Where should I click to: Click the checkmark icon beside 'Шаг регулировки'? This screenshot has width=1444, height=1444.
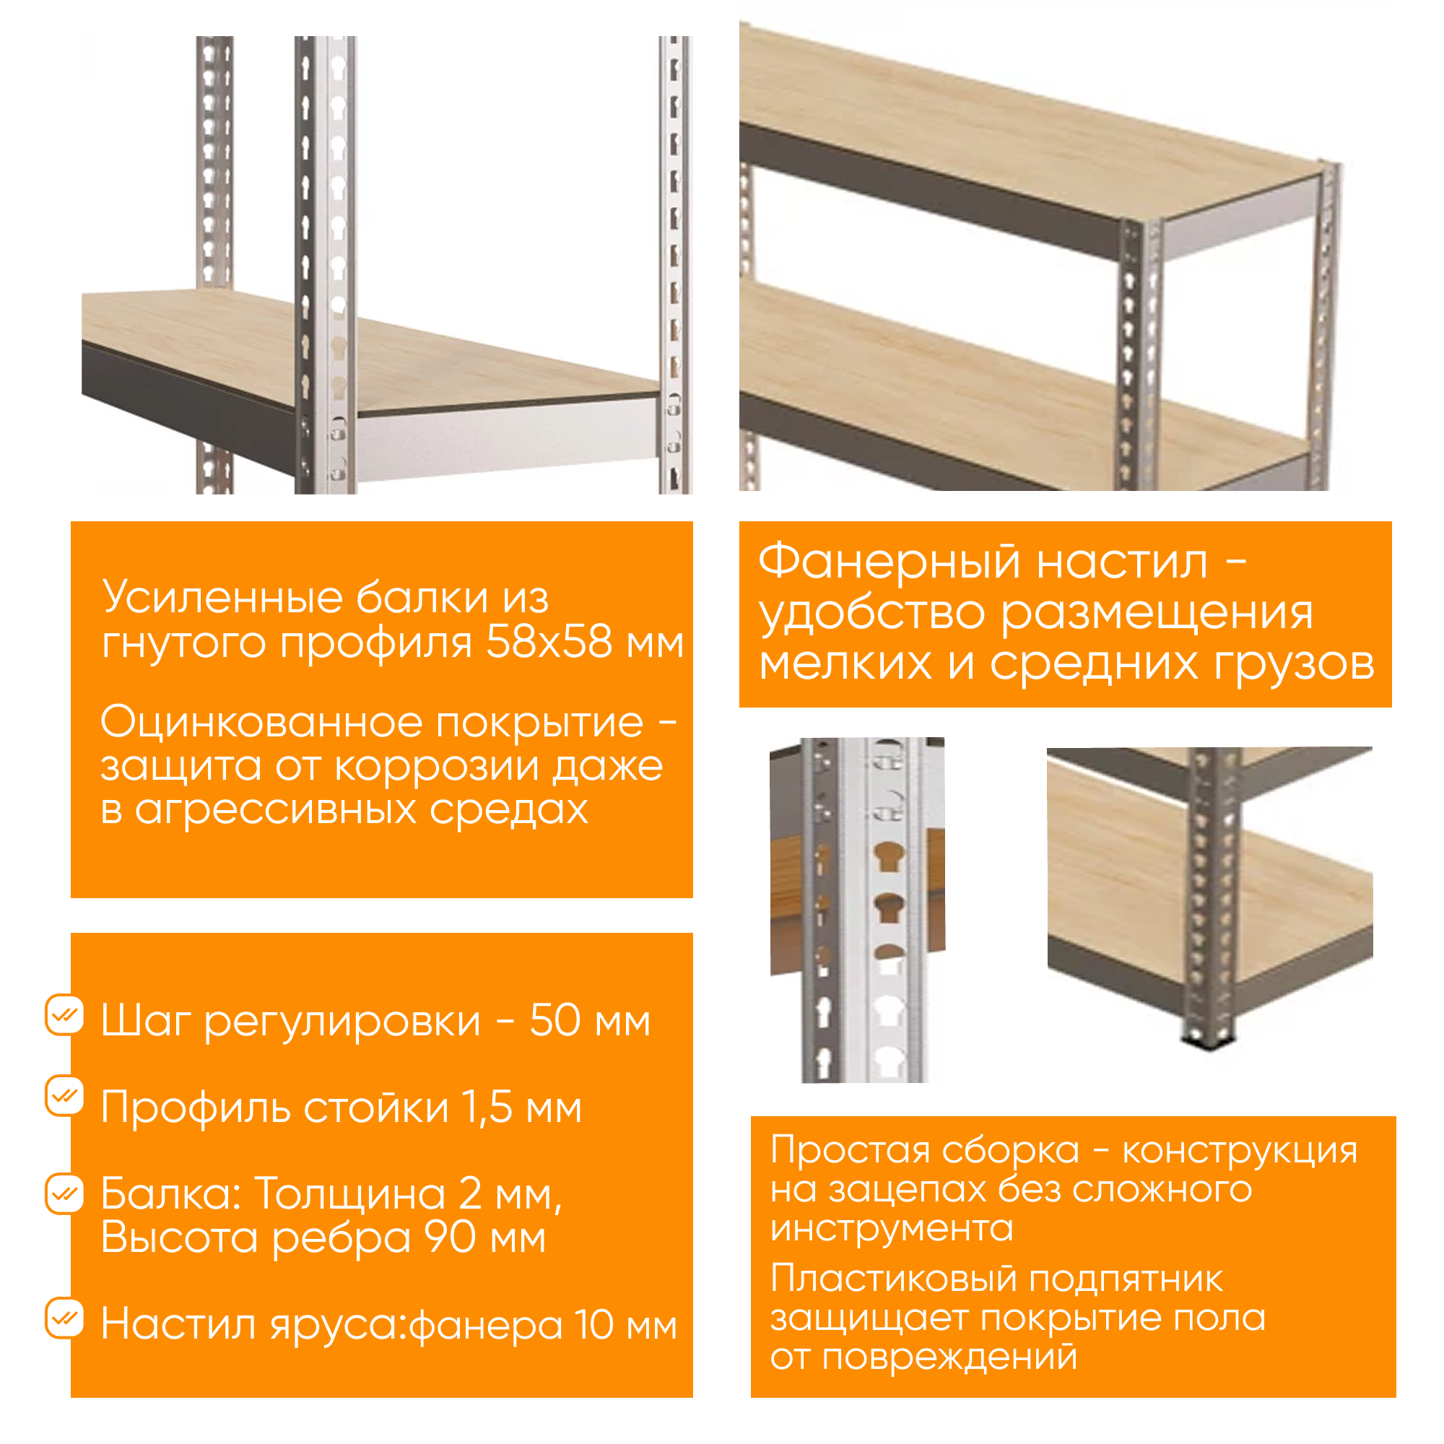point(65,1014)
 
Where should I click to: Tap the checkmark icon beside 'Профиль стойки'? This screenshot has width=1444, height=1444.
point(65,1096)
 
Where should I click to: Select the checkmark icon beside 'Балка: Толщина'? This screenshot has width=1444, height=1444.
point(65,1193)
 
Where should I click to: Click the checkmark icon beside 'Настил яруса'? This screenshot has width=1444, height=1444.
point(65,1318)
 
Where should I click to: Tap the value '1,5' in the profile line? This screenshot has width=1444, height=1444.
point(487,1107)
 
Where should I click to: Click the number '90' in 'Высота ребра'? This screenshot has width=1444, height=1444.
point(450,1237)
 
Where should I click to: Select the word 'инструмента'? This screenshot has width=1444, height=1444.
point(892,1228)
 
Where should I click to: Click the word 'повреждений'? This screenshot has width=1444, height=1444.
point(949,1357)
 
